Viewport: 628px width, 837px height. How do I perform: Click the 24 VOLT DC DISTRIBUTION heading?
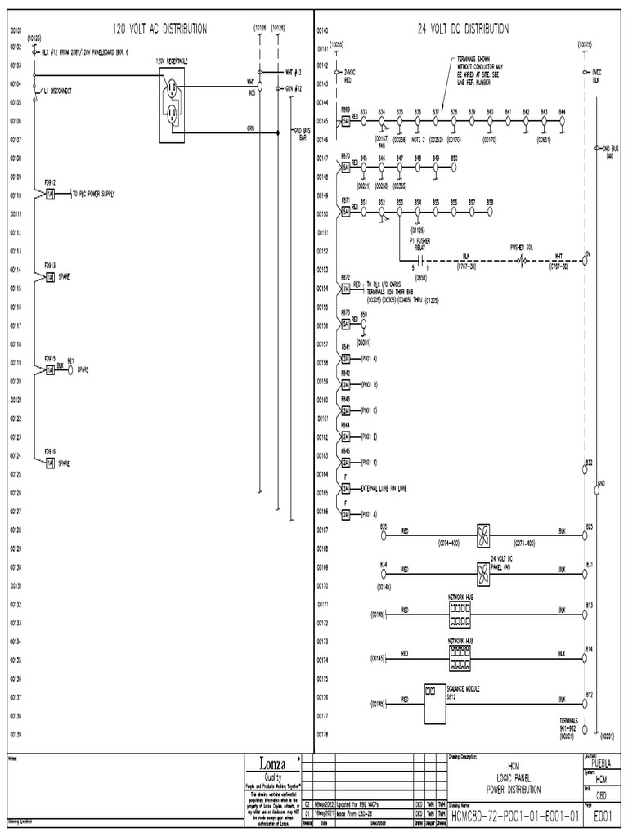(463, 29)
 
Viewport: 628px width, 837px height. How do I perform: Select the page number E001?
(603, 815)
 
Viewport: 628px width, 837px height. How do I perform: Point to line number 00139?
(16, 736)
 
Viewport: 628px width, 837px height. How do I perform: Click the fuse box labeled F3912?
(50, 194)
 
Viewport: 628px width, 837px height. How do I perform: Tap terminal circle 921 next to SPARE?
(70, 369)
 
